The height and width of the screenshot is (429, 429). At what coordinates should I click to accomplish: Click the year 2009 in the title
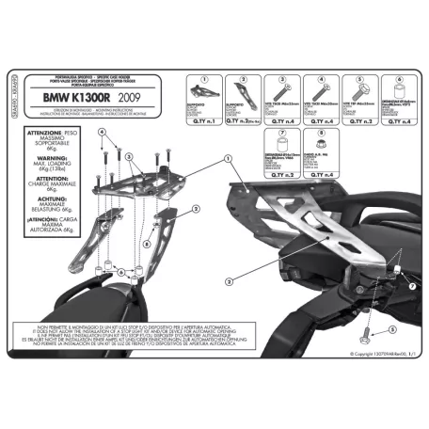coord(129,97)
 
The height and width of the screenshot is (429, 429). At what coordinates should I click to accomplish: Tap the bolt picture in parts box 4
coord(316,95)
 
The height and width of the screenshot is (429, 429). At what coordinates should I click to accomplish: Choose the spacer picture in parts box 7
coord(280,153)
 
